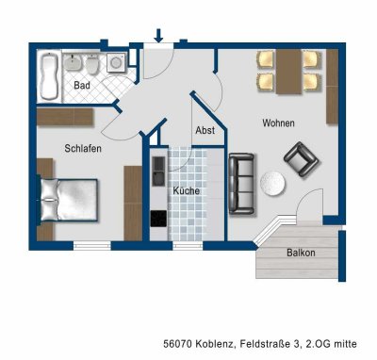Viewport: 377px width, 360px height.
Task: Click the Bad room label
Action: [82, 86]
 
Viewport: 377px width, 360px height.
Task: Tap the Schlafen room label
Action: [83, 148]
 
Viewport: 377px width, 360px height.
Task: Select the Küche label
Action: [186, 191]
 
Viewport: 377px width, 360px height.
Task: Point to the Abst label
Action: [205, 131]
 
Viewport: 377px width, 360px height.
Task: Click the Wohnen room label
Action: [278, 123]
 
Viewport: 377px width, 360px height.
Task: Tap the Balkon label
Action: [301, 253]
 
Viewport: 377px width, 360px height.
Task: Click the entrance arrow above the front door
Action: [158, 36]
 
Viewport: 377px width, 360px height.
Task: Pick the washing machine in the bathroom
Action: [117, 63]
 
